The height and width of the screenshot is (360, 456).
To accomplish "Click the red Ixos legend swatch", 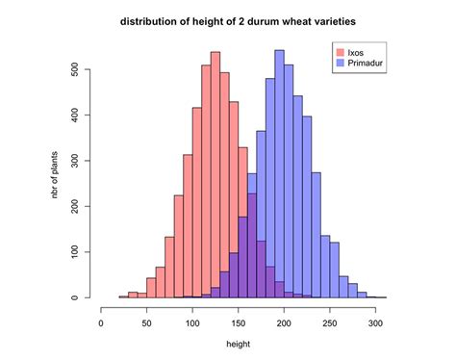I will (x=339, y=50).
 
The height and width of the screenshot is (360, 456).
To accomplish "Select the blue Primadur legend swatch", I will (x=339, y=62).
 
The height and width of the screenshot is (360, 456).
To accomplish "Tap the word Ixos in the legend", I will (x=356, y=50).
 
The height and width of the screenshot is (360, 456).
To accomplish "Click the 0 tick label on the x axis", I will (x=102, y=323).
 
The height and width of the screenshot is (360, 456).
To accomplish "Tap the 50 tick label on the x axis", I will (x=147, y=323).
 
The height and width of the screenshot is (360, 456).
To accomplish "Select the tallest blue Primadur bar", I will (x=279, y=173).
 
